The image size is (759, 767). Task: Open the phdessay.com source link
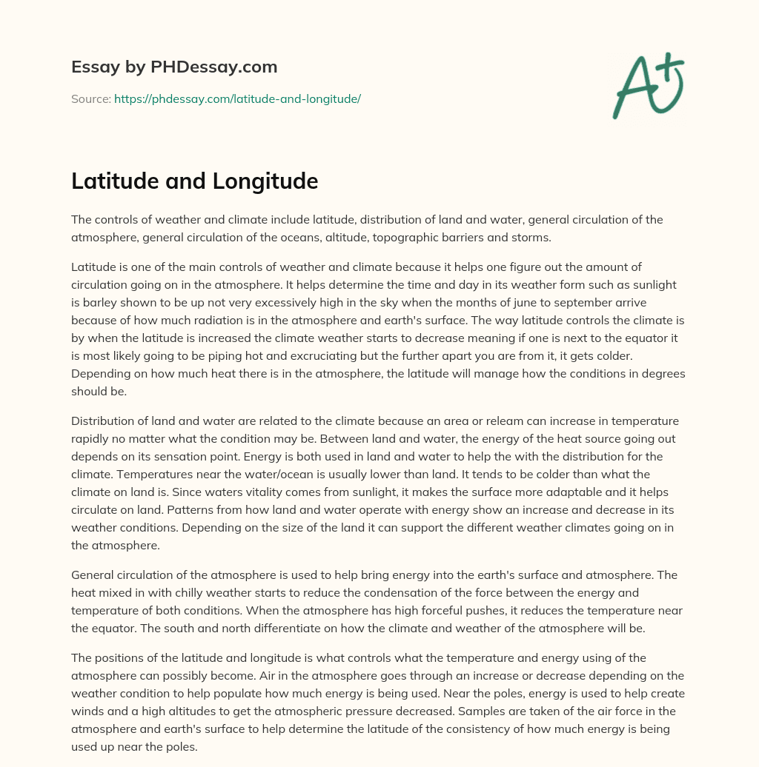(237, 98)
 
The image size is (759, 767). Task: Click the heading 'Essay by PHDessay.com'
(174, 67)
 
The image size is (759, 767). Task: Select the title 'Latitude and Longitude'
(194, 181)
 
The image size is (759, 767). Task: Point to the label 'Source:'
(90, 98)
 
